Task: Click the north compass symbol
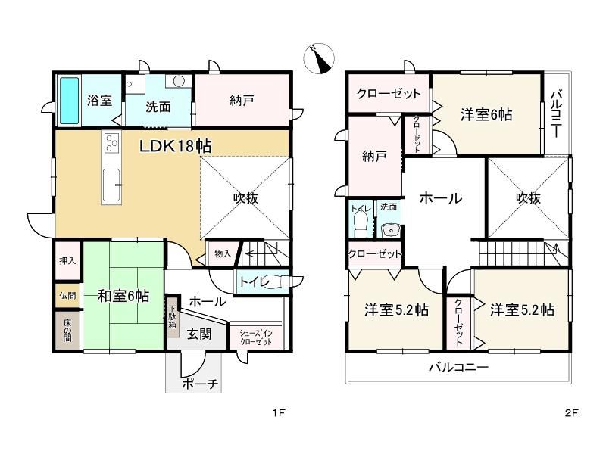click(x=318, y=58)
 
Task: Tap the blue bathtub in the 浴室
click(x=70, y=100)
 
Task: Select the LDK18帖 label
click(x=175, y=146)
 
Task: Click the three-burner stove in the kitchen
click(x=111, y=143)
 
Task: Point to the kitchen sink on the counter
click(x=111, y=185)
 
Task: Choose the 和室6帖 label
click(x=123, y=296)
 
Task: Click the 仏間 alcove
click(x=67, y=297)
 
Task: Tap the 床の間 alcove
click(x=67, y=331)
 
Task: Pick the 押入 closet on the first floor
click(x=67, y=261)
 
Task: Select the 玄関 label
click(x=199, y=334)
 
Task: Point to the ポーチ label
click(x=200, y=384)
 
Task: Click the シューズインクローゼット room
click(x=255, y=337)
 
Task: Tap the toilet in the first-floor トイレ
click(x=277, y=281)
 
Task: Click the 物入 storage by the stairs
click(x=223, y=253)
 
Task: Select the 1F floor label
click(x=278, y=413)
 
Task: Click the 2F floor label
click(x=572, y=413)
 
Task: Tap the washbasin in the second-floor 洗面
click(x=390, y=231)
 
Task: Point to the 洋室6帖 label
click(x=486, y=115)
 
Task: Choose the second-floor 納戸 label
click(x=374, y=157)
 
